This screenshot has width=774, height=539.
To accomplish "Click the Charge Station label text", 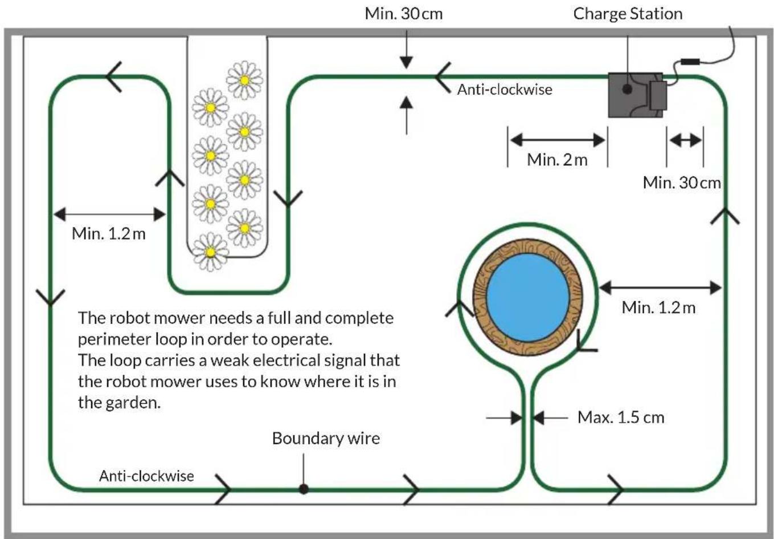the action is [x=628, y=14].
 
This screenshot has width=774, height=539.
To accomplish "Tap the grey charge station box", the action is [x=635, y=95].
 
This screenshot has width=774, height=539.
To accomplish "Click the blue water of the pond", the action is [x=527, y=298].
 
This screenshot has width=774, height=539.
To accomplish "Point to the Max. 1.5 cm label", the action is [x=621, y=418].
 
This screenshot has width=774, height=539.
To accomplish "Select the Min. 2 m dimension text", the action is [x=557, y=160].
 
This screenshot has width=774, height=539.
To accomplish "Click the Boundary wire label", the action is [x=326, y=438].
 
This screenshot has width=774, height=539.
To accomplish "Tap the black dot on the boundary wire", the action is [x=304, y=489].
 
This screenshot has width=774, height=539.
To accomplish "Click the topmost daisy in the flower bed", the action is [x=245, y=80].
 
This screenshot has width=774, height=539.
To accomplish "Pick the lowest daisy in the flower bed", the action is [x=210, y=252].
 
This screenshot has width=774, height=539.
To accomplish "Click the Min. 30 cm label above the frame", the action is [x=404, y=14].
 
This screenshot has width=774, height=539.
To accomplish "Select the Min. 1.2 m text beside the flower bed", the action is [x=109, y=234].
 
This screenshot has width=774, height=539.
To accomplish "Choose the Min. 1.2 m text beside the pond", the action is [x=658, y=307].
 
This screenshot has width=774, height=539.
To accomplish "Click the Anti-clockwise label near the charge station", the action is [x=505, y=90].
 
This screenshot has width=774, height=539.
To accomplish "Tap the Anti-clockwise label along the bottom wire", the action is [x=146, y=476].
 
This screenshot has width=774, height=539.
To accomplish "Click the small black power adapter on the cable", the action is [x=690, y=62].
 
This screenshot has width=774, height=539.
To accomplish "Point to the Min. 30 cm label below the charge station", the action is [x=682, y=183].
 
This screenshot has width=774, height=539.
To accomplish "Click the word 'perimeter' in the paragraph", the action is [x=114, y=340].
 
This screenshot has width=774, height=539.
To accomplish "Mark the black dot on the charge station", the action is [x=627, y=89].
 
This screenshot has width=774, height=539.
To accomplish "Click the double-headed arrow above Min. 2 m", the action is [x=558, y=140].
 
